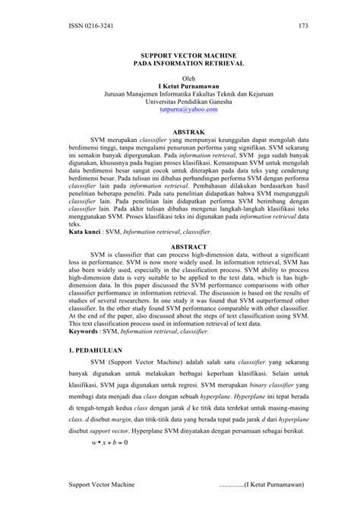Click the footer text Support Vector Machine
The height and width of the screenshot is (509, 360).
101,482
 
